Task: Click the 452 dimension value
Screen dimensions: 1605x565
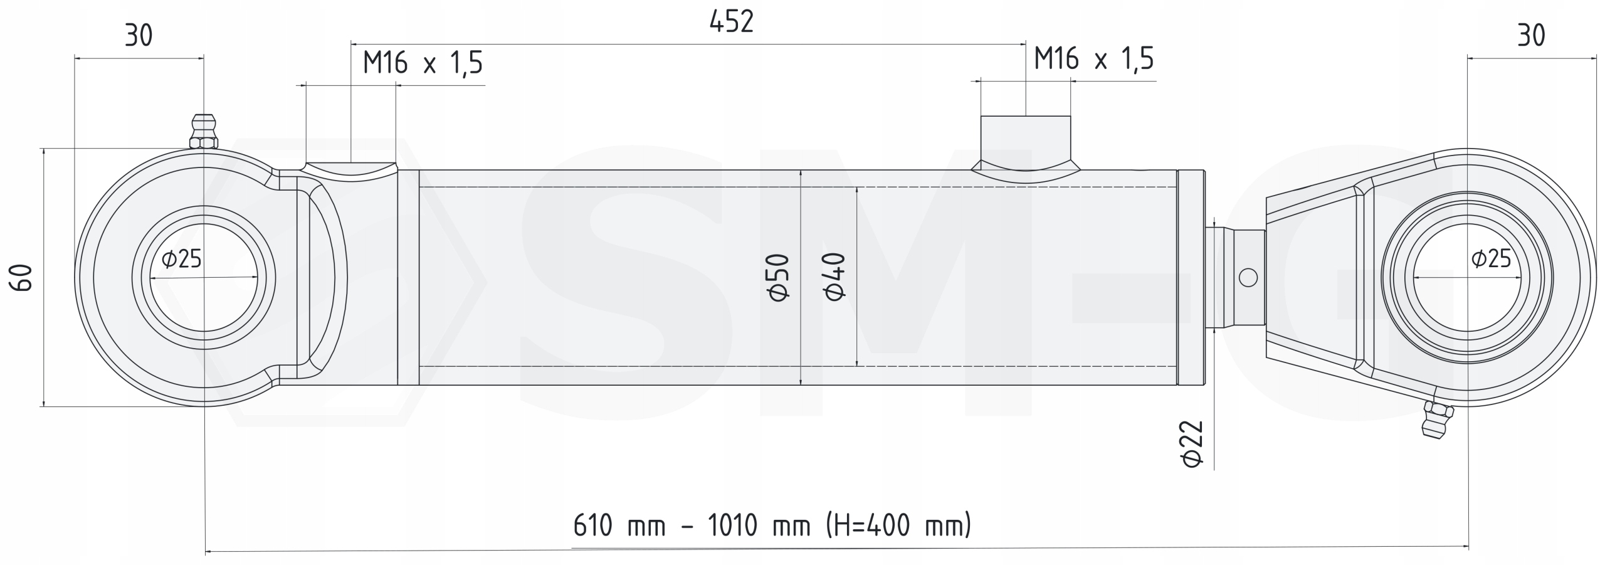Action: coord(731,23)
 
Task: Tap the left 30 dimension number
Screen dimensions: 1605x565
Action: coord(139,36)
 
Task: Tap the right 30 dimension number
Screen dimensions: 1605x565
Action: coord(1531,36)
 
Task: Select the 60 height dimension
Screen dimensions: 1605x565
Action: coord(21,277)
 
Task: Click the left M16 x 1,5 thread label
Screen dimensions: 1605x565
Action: coord(423,63)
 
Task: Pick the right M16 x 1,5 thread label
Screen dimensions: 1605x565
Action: coord(1094,59)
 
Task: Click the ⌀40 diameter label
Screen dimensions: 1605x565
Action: coord(834,277)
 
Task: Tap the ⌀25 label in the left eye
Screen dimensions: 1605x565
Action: coord(182,258)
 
